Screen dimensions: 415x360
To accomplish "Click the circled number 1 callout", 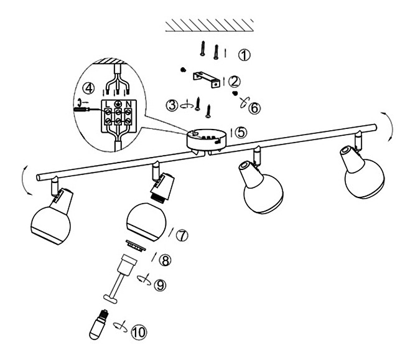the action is pos(245,55).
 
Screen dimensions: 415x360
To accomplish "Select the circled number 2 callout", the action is pos(235,82).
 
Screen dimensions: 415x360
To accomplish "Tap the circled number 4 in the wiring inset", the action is pos(89,88).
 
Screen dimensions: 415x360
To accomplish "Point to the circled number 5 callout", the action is pos(241,132).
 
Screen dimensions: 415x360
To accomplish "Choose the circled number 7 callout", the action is pos(182,235).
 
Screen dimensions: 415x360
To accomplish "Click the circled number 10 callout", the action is pos(139,332).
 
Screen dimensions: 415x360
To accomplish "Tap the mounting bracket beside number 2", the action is pos(207,79).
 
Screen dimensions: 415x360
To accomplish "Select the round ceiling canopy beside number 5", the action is pos(207,139).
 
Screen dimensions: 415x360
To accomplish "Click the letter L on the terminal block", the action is pos(107,104).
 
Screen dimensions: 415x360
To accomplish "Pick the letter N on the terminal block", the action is pos(129,104).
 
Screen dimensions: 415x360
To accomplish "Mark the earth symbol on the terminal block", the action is pos(118,104).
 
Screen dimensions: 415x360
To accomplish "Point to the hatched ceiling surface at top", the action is pos(209,26).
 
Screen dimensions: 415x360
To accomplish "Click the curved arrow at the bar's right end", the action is pos(390,127).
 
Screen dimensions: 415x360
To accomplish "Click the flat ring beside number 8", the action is pos(136,245).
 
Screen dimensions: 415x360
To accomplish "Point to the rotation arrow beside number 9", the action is pos(144,280).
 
